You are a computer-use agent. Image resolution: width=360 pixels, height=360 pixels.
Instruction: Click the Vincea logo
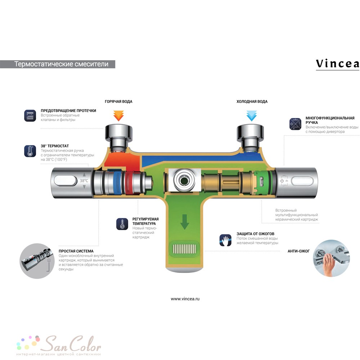337,64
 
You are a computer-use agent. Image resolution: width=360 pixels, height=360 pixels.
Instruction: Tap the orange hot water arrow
118,116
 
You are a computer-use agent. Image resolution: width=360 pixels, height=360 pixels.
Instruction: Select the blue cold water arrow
251,116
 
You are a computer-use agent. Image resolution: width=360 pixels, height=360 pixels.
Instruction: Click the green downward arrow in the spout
184,222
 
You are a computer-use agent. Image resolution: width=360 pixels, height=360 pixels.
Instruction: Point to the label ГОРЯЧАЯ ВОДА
118,102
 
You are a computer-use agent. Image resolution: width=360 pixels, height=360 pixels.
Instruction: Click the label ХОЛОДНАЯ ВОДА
252,102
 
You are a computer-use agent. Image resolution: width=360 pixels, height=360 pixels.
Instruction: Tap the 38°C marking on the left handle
84,181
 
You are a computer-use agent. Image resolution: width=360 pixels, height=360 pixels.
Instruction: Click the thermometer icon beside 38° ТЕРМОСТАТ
30,151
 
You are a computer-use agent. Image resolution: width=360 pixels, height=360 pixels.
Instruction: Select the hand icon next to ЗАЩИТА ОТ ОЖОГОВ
225,240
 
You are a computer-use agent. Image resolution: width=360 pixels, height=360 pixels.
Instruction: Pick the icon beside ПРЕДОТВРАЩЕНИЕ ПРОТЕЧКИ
30,116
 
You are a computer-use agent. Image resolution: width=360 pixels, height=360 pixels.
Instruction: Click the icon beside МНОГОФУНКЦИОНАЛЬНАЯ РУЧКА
295,124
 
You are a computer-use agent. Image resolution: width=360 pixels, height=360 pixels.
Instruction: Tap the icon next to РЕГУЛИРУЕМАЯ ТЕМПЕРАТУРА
122,224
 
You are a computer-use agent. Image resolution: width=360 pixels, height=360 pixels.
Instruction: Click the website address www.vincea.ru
185,299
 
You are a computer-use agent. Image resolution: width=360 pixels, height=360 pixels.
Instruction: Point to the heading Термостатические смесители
61,64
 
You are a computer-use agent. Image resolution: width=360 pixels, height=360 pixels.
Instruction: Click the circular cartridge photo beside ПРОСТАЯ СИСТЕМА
37,261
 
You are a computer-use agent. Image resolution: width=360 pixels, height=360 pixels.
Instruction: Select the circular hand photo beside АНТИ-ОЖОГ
331,258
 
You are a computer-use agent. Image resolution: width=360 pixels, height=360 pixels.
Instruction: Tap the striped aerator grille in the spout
184,249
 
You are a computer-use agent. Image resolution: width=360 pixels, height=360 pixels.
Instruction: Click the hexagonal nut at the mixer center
184,180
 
